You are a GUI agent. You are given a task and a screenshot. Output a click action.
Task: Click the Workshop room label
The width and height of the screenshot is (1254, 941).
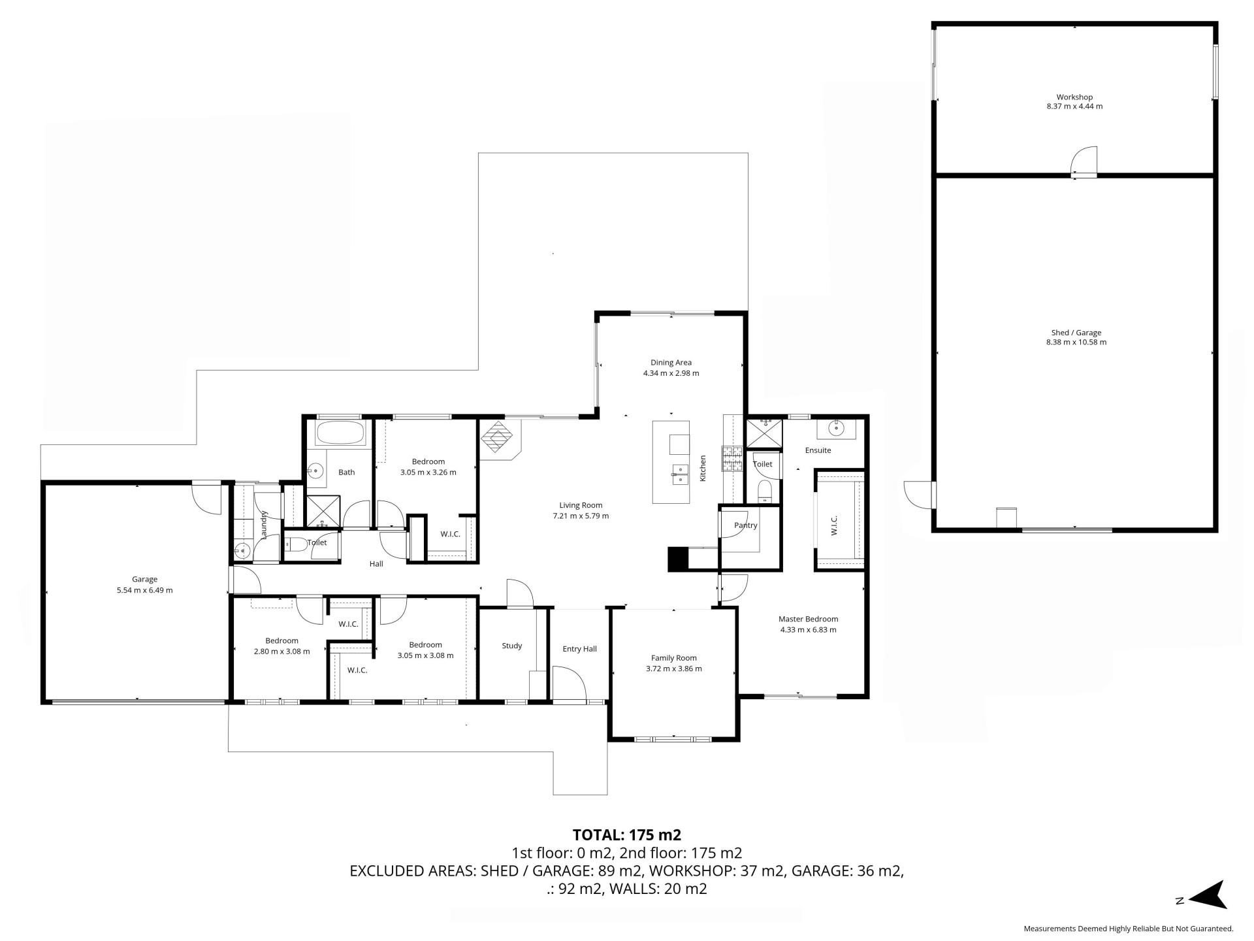(1074, 97)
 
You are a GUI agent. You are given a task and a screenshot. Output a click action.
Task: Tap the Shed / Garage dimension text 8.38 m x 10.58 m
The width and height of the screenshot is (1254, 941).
(1076, 342)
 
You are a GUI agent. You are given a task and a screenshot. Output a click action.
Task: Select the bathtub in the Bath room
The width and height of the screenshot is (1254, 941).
(341, 432)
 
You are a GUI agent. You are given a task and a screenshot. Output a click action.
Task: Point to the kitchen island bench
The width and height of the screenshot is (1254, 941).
(671, 462)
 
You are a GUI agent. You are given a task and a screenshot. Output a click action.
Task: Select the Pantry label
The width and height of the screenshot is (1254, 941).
(746, 525)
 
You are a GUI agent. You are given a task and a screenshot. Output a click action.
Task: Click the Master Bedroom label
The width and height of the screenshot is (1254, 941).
(808, 619)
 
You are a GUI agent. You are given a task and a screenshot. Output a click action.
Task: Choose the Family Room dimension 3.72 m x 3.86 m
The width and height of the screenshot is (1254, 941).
(673, 669)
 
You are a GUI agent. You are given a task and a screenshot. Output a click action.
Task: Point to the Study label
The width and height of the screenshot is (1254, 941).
(512, 646)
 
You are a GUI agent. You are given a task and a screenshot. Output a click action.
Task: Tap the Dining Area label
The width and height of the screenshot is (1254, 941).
(671, 363)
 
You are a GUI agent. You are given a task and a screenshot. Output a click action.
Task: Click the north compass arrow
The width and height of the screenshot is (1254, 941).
(1208, 895)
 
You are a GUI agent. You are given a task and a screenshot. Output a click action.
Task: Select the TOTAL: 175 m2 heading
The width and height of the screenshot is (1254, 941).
(627, 835)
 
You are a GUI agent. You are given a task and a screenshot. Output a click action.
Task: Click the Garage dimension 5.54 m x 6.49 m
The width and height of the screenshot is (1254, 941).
(144, 590)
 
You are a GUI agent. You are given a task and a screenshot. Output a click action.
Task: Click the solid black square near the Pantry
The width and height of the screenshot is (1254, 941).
(678, 559)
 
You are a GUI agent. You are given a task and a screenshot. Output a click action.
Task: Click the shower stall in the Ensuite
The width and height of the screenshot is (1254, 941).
(764, 434)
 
